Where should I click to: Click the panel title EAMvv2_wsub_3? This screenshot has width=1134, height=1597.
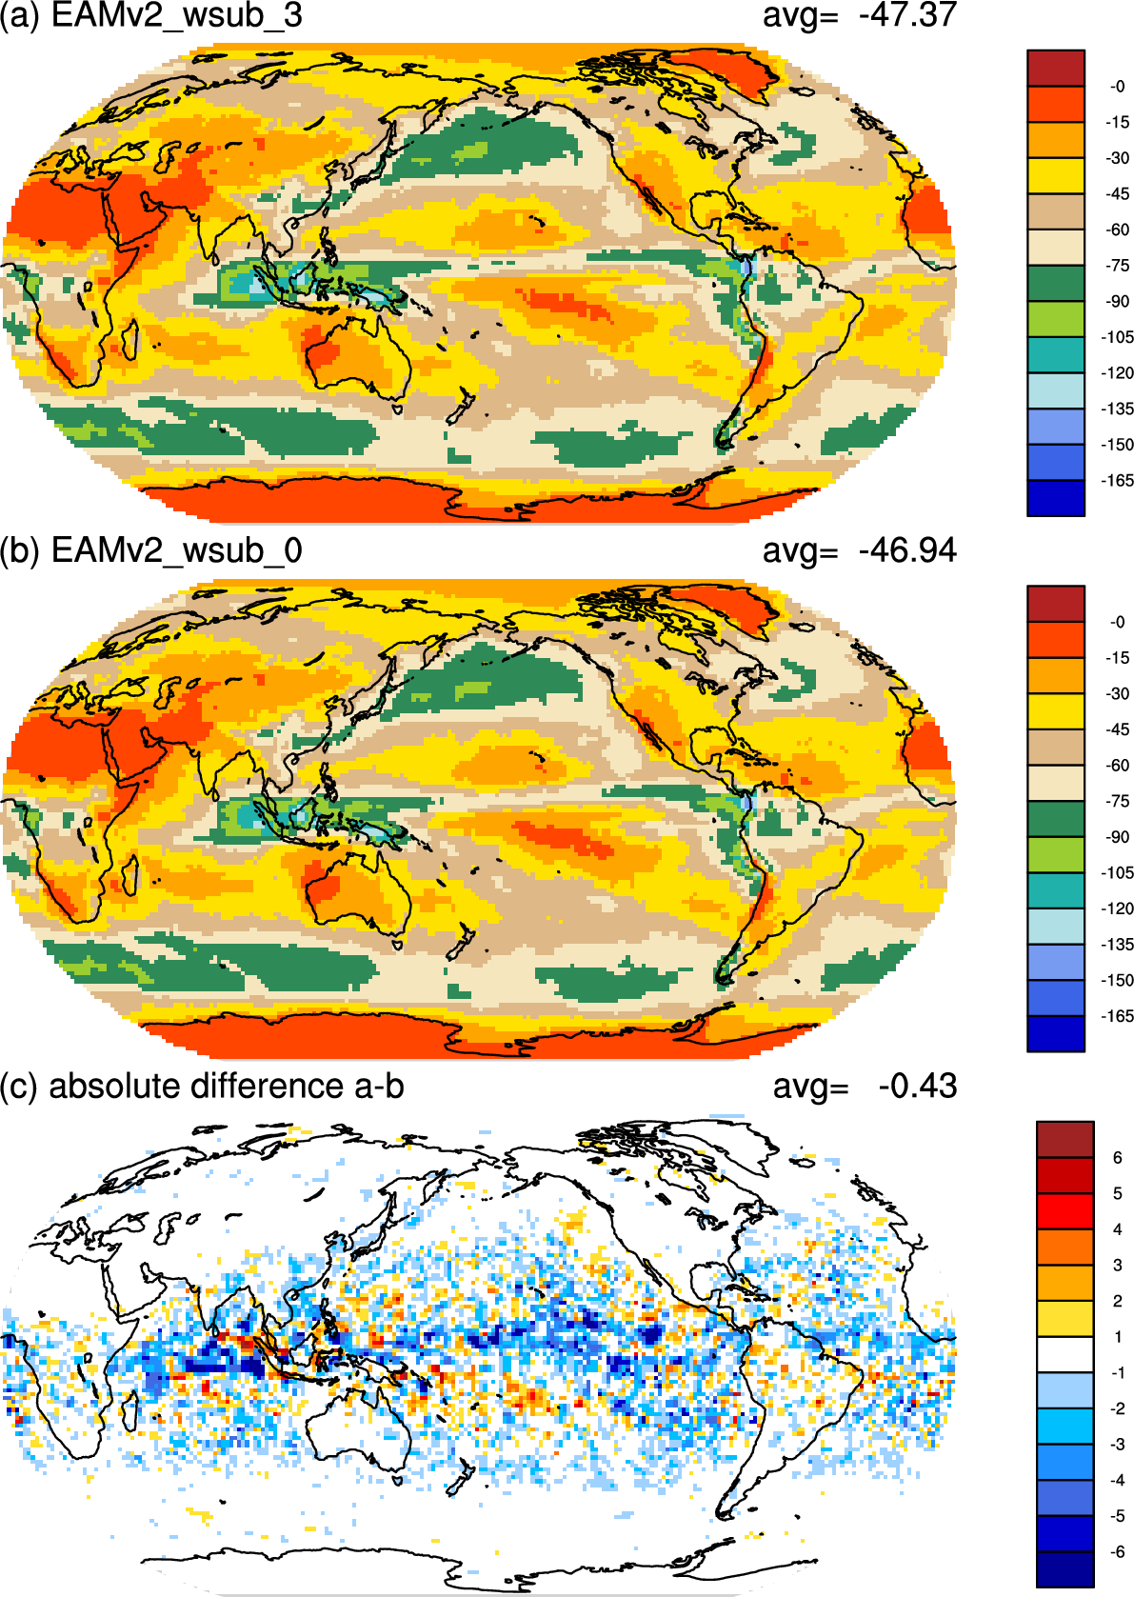(x=176, y=15)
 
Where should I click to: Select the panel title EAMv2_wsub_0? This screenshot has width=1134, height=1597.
(x=176, y=550)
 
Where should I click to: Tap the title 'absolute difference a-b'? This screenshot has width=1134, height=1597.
(x=227, y=1086)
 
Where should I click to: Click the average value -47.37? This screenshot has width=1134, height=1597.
(x=907, y=15)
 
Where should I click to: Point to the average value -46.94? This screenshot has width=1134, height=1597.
(x=907, y=550)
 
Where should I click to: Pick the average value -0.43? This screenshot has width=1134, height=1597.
(x=917, y=1086)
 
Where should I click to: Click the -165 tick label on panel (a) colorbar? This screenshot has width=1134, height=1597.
(x=1118, y=481)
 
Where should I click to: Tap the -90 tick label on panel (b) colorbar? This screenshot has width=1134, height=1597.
(x=1118, y=837)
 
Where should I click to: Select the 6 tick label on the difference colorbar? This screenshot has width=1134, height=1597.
(x=1118, y=1158)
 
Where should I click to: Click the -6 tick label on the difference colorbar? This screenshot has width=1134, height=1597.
(x=1118, y=1551)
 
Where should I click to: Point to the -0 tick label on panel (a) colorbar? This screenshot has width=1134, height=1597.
(x=1118, y=87)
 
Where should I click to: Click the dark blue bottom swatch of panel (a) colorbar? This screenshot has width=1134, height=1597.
(x=1055, y=498)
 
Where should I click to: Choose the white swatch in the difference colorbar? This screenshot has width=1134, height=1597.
(x=1064, y=1354)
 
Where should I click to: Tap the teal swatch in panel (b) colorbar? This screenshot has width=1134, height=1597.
(x=1055, y=890)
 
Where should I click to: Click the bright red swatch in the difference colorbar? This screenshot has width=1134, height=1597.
(x=1064, y=1211)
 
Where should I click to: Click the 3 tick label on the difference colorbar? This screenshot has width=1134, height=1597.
(x=1118, y=1266)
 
